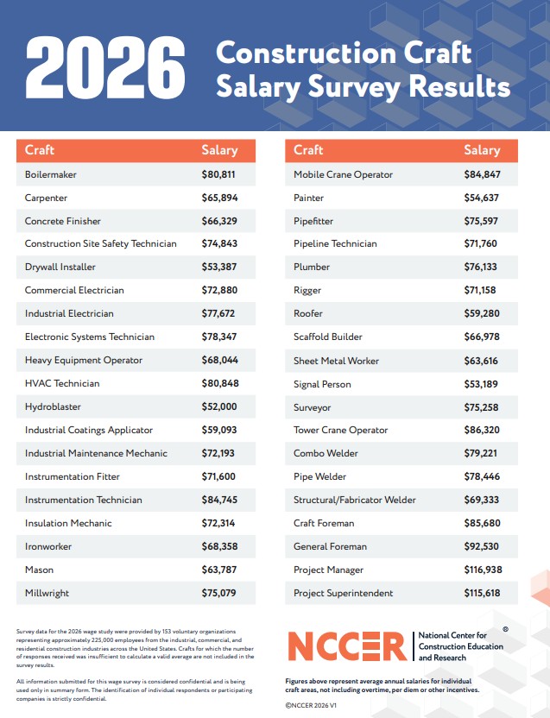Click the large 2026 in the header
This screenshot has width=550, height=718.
click(105, 67)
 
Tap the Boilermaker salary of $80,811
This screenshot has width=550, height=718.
click(218, 174)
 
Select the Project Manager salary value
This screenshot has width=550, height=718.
click(483, 570)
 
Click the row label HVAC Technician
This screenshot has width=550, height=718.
click(62, 383)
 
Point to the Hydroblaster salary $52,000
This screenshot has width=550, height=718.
click(219, 406)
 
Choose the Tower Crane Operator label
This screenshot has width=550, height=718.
click(340, 430)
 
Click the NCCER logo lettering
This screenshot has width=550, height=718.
click(347, 646)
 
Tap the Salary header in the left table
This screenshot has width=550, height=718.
click(219, 150)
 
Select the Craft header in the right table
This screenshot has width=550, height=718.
click(308, 150)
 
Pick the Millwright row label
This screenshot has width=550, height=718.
click(47, 593)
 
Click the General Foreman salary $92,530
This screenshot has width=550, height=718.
click(481, 546)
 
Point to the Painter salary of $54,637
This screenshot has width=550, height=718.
click(481, 198)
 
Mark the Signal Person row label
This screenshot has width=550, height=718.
click(322, 384)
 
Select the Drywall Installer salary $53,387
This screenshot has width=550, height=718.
click(219, 267)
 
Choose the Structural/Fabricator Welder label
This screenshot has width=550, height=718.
click(355, 500)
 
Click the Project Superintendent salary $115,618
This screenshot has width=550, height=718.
click(482, 593)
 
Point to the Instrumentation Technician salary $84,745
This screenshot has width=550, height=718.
click(219, 500)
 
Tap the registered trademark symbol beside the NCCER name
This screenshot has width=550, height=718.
click(506, 629)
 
